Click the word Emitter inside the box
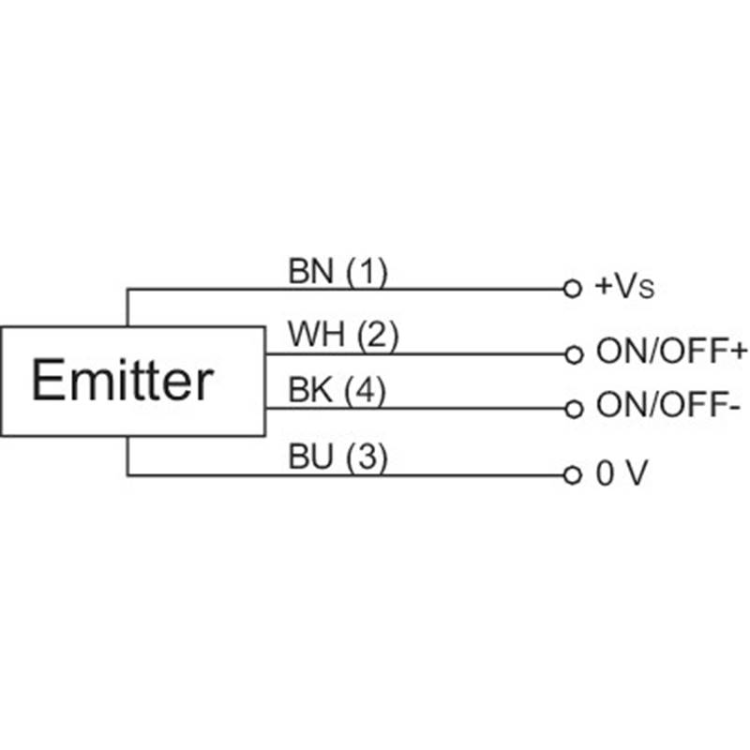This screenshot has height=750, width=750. pyautogui.click(x=123, y=380)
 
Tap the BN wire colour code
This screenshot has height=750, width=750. pyautogui.click(x=310, y=271)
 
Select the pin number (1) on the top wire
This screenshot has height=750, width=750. pyautogui.click(x=367, y=272)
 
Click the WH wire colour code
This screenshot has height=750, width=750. pyautogui.click(x=316, y=334)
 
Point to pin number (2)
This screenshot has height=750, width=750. pyautogui.click(x=378, y=336)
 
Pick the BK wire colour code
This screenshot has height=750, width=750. pyautogui.click(x=310, y=390)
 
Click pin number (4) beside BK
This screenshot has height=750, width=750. pyautogui.click(x=366, y=391)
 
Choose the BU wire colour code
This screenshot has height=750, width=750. pyautogui.click(x=310, y=457)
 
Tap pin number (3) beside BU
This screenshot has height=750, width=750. pyautogui.click(x=367, y=457)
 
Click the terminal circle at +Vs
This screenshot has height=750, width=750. pyautogui.click(x=573, y=289)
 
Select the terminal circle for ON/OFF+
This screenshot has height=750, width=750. pyautogui.click(x=574, y=355)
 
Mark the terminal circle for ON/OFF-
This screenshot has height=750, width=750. pyautogui.click(x=574, y=409)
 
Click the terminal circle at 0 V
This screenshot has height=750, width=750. pyautogui.click(x=573, y=475)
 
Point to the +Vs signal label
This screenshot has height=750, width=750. pyautogui.click(x=623, y=286)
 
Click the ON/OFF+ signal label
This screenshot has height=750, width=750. pyautogui.click(x=671, y=351)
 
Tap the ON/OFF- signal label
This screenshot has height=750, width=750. pyautogui.click(x=668, y=405)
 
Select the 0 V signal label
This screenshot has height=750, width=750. pyautogui.click(x=622, y=473)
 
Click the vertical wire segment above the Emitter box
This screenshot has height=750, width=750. pyautogui.click(x=127, y=307)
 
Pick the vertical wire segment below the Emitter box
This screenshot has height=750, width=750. pyautogui.click(x=127, y=456)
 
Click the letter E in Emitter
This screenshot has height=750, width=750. pyautogui.click(x=48, y=380)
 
